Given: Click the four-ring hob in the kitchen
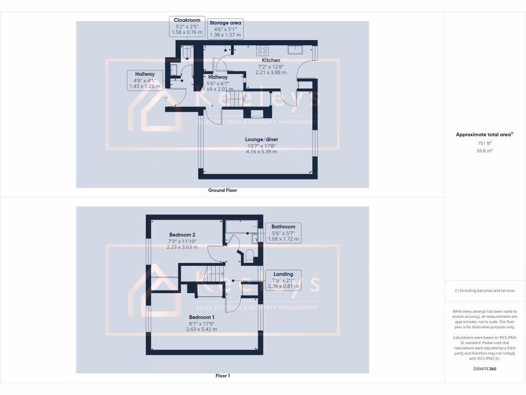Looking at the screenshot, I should coord(262,50).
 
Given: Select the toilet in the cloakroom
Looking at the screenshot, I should coord(186,52).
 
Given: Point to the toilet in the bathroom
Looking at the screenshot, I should coord(249,256).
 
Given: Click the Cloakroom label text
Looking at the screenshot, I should coord(187,21).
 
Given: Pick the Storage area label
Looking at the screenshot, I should coord(226,23).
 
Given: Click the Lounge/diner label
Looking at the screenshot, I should coord(261,139).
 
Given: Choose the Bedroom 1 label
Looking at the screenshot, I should coord(201,317).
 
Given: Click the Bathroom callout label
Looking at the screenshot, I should coord(284,227).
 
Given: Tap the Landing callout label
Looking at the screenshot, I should coord(283,274).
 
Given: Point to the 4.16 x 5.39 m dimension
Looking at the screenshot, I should coord(261,152).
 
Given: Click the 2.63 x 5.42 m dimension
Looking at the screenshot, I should coord(201,329).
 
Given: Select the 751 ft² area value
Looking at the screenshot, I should coord(485,143).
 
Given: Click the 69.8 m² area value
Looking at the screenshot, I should coord(485,151).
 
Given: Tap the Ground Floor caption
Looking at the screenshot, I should coord(222,190).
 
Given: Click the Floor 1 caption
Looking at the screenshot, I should coord(222,376).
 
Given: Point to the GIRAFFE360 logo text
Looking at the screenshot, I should coord(485,369).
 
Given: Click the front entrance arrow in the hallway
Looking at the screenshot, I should coord(165,97).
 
